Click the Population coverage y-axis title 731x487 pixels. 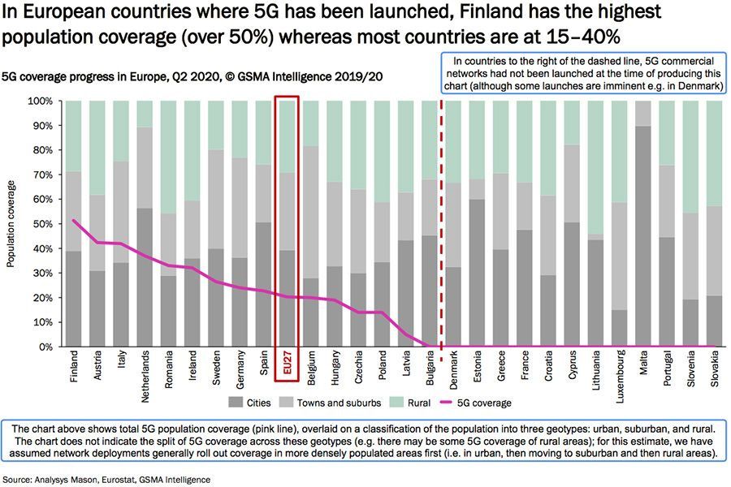(x=11, y=224)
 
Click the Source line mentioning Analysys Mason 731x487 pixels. (x=106, y=480)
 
